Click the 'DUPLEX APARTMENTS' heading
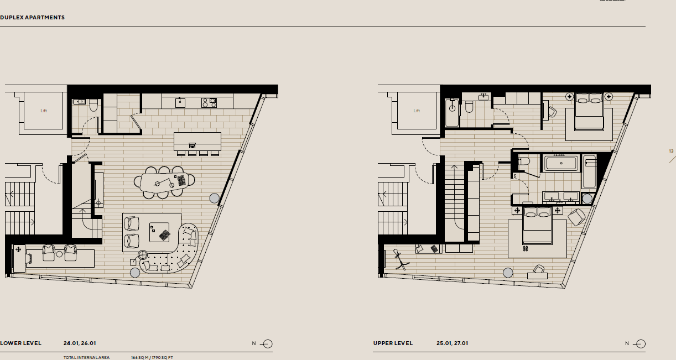[x=32, y=18]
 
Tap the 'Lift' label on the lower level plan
[x=44, y=111]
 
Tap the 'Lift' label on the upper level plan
[x=417, y=111]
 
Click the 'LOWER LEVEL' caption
[x=20, y=343]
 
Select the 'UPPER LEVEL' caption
[x=393, y=343]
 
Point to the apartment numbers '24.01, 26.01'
[x=80, y=343]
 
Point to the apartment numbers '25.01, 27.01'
[x=453, y=343]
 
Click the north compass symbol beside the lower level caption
[x=267, y=344]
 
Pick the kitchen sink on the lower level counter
[x=179, y=102]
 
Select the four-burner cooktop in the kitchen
[x=209, y=102]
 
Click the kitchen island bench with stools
[x=197, y=142]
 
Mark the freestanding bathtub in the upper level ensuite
[x=561, y=163]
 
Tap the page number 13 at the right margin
[x=671, y=151]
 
